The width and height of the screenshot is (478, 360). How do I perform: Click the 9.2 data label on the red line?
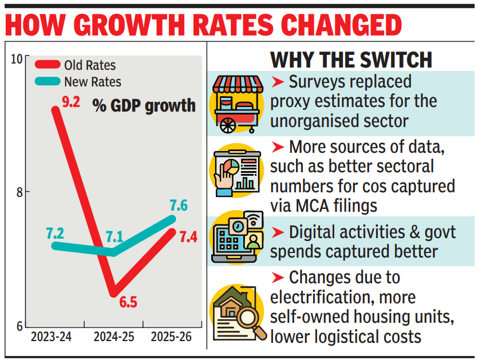(72, 104)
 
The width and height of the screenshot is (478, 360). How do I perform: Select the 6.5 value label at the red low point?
(128, 302)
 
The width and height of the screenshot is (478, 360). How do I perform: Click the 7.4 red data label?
(188, 236)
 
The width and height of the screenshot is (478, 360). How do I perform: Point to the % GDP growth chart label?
(144, 106)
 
